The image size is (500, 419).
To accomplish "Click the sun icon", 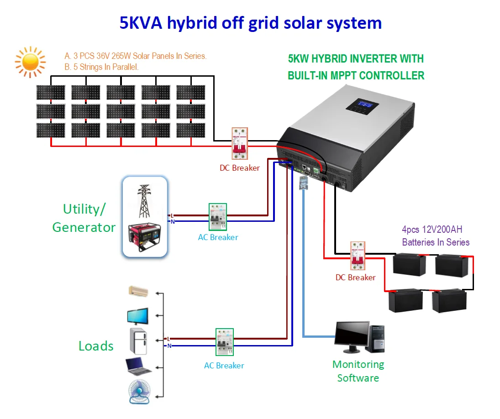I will pos(30,62).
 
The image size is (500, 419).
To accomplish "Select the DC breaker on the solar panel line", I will pos(239,143).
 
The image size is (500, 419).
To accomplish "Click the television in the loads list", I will pos(137,316).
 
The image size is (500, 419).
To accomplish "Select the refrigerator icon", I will pos(138,340).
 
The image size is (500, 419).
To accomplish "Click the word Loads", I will pos(96,346).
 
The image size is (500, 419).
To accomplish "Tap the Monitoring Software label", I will pos(358,371).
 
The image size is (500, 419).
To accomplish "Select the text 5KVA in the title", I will pos(141,23).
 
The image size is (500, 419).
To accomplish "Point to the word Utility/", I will pos(84,209).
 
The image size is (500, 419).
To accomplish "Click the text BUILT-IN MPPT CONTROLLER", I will pos(356,75).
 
